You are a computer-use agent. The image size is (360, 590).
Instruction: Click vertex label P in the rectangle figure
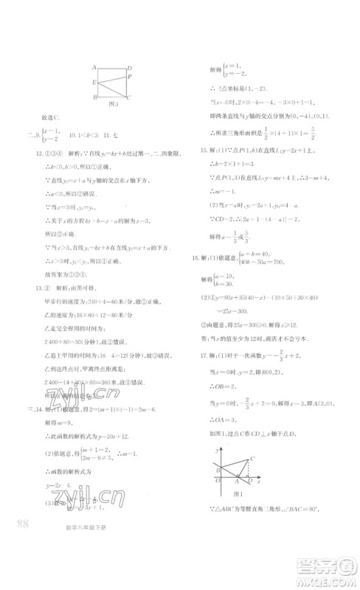[x=130, y=76]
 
